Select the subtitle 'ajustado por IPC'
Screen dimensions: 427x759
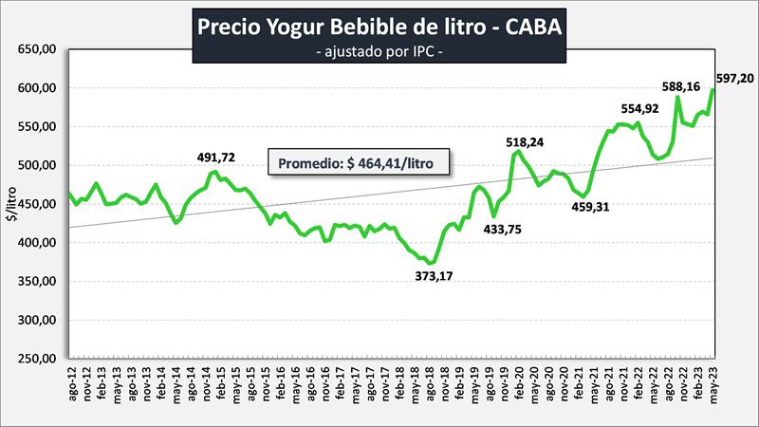pyautogui.click(x=379, y=53)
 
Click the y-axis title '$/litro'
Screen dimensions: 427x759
pyautogui.click(x=11, y=204)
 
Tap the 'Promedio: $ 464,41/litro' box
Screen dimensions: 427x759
pyautogui.click(x=359, y=162)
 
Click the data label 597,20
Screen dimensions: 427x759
pyautogui.click(x=733, y=79)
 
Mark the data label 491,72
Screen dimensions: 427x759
pyautogui.click(x=217, y=158)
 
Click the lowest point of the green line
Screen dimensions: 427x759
pyautogui.click(x=432, y=263)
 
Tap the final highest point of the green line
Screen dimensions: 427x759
pyautogui.click(x=713, y=89)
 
